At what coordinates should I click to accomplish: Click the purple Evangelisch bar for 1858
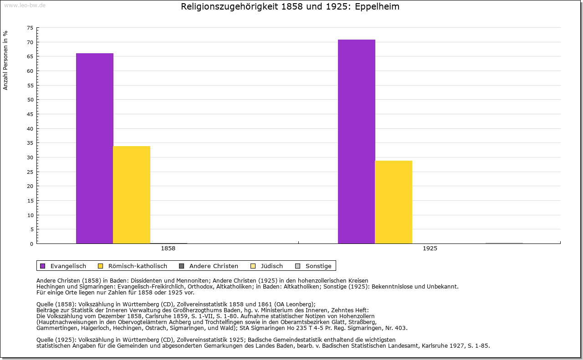pos(95,148)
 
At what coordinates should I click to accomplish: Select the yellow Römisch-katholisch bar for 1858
pos(132,194)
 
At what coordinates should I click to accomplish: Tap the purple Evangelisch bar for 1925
pos(357,141)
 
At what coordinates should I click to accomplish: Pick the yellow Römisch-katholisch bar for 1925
pos(394,202)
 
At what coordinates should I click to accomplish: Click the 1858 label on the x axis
pos(168,249)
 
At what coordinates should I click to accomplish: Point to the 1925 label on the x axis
pos(430,249)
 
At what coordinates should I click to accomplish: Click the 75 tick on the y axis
pos(30,28)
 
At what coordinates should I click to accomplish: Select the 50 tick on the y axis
pos(30,100)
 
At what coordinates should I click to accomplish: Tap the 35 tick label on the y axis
pos(30,143)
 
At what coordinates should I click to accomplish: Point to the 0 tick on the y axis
pos(32,244)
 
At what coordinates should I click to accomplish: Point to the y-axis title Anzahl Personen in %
pos(5,60)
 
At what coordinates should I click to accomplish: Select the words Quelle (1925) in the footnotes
pos(56,340)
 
